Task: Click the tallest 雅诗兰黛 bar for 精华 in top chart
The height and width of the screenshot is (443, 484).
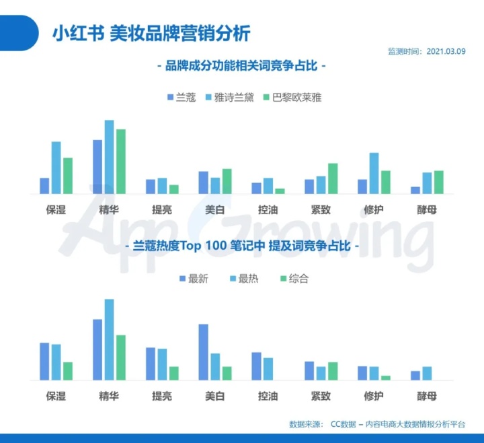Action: pos(110,157)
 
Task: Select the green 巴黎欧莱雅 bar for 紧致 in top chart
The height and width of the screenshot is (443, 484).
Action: pos(333,178)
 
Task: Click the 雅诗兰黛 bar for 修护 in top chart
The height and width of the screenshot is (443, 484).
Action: pos(374,173)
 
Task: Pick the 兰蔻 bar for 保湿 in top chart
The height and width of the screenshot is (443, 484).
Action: pos(44,186)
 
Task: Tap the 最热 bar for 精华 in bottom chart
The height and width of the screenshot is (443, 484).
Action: pos(110,340)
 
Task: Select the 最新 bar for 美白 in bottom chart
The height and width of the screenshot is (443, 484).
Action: pos(203,352)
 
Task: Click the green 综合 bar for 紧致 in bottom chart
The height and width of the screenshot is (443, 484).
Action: pos(333,371)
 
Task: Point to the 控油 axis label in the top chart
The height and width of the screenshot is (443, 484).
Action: pos(268,209)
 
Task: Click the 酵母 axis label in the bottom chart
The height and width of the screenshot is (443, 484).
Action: pos(426,396)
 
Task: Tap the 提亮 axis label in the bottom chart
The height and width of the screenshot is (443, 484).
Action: pos(162,396)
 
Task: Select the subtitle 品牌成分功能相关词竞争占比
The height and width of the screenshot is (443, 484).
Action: pos(241,67)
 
